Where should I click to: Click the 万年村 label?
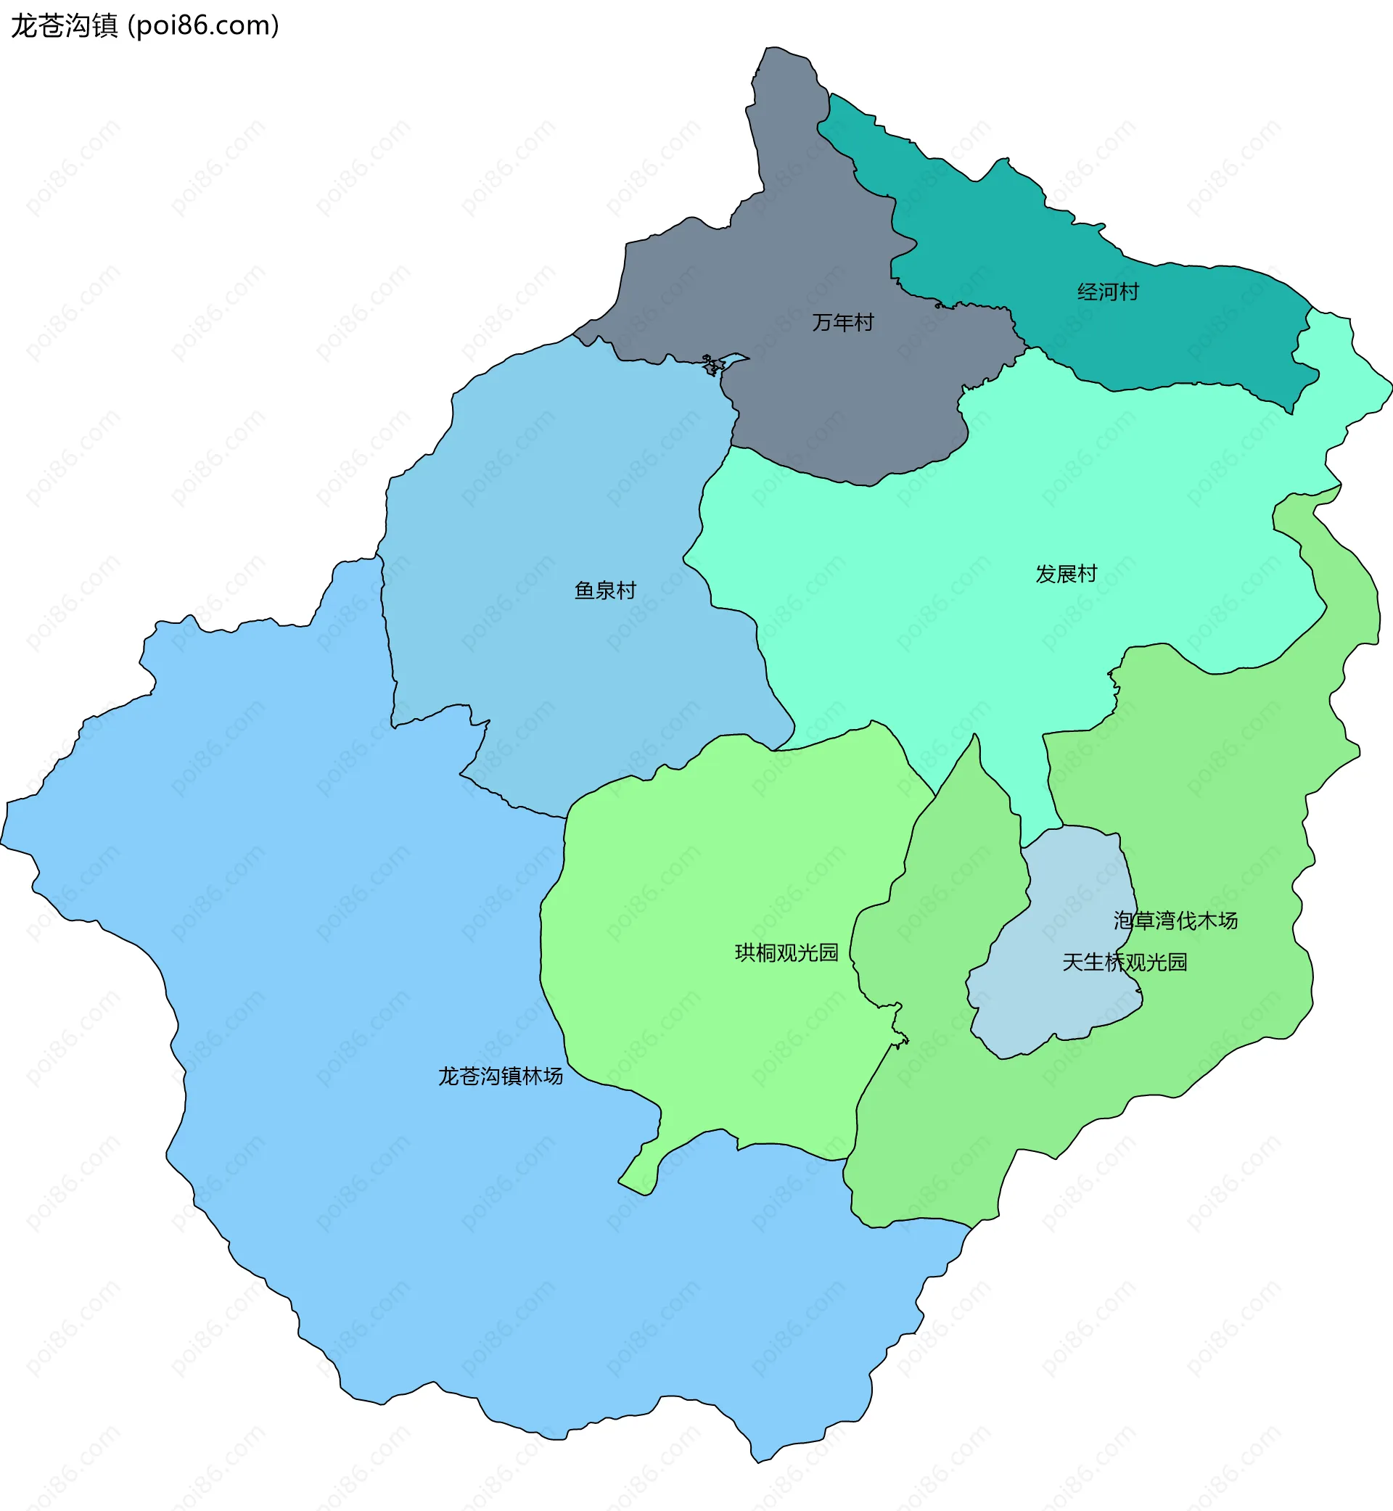(843, 323)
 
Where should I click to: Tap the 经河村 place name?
(1107, 292)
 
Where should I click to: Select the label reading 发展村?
(1066, 575)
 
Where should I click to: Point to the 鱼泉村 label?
(605, 590)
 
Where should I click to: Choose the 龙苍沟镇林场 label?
(501, 1076)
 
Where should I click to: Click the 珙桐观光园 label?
(786, 952)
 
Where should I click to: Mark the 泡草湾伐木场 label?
(1175, 921)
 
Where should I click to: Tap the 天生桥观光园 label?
(1125, 963)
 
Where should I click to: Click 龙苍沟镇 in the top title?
(64, 25)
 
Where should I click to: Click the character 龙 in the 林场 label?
(448, 1076)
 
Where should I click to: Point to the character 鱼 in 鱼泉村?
(585, 590)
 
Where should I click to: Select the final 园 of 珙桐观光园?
(829, 952)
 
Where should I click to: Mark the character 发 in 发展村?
(1045, 575)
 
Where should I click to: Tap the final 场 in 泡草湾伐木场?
(1227, 921)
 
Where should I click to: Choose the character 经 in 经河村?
(1087, 292)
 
